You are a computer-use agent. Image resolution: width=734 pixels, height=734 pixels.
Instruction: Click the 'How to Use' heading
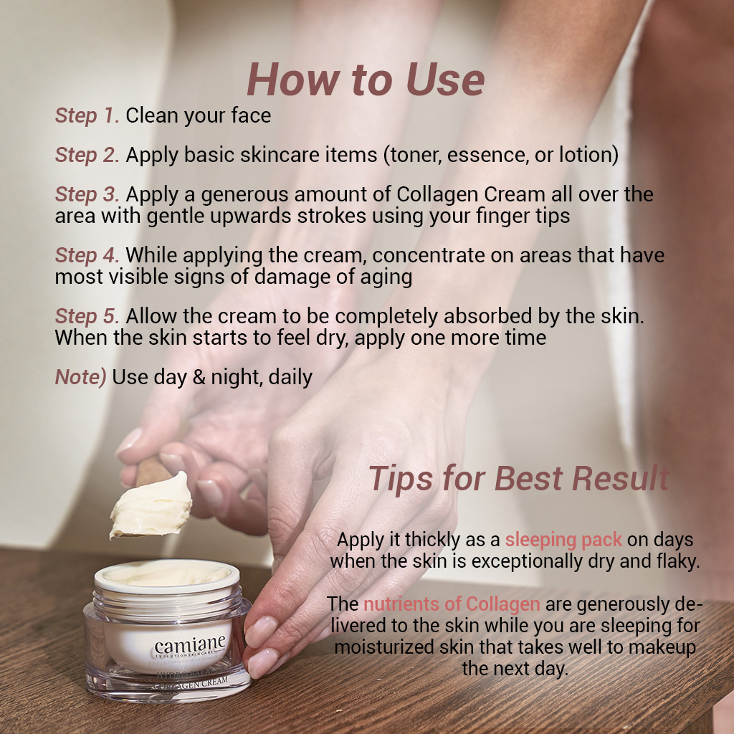366,80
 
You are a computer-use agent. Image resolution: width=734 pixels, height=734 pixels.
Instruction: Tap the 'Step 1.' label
87,115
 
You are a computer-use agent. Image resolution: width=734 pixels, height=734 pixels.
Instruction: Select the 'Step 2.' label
87,155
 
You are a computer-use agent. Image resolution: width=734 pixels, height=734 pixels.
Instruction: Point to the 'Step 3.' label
87,194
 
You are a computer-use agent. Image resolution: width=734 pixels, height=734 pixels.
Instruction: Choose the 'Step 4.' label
87,255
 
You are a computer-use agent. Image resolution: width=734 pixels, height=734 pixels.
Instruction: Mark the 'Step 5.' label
87,316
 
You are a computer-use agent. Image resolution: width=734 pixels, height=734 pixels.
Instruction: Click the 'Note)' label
80,377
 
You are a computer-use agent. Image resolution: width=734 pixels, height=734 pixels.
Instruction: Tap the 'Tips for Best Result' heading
519,478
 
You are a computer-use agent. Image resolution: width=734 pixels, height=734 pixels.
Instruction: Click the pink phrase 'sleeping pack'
563,540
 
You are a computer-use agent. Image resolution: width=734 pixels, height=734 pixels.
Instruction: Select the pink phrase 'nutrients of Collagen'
452,604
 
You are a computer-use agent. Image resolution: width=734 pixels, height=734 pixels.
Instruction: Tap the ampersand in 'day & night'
199,377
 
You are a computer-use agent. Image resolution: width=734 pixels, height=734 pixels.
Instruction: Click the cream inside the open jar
167,573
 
